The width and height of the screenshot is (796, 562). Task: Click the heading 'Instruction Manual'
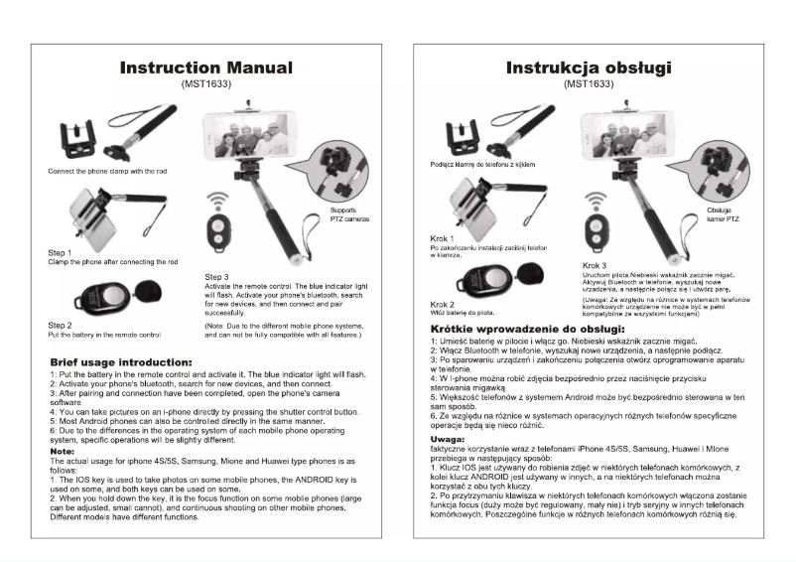coord(205,68)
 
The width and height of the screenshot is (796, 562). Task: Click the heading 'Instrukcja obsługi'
coord(589,68)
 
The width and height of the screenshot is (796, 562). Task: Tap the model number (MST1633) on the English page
coord(205,85)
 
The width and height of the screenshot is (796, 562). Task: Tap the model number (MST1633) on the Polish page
coord(589,85)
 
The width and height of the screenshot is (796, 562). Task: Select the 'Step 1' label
coord(62,253)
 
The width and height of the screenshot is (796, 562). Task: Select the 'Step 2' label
coord(62,325)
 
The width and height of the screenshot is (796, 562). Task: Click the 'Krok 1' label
coord(443,238)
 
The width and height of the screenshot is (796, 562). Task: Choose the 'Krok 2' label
coord(443,303)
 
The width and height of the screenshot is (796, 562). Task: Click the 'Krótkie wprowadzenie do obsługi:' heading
coord(527,328)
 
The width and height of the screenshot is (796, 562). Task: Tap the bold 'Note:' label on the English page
coord(62,452)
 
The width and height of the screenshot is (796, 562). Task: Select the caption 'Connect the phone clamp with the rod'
coord(107,172)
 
